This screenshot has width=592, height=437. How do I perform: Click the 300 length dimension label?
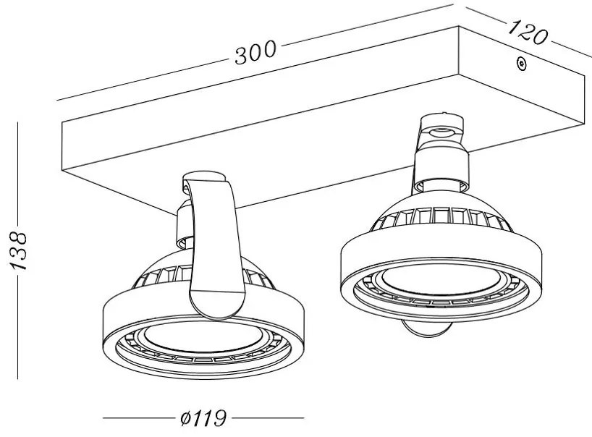click(x=255, y=51)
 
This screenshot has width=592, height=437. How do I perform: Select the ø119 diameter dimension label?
click(x=202, y=418)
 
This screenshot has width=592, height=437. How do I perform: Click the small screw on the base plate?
click(x=520, y=64)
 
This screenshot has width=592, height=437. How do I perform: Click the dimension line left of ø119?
click(x=138, y=418)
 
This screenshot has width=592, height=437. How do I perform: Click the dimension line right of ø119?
click(x=268, y=418)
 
